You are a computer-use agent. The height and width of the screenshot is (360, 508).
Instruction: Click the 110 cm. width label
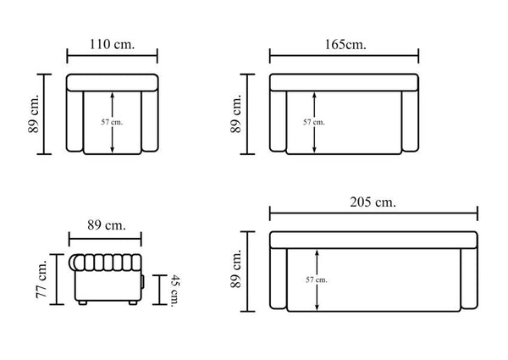coord(112,44)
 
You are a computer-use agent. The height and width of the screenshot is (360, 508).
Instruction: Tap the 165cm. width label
coord(345,44)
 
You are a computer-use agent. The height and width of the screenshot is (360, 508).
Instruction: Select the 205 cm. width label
coord(373,202)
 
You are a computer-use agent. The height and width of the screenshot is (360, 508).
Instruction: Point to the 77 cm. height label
coord(41,279)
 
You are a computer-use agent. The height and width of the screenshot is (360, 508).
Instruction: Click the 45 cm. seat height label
coord(175,290)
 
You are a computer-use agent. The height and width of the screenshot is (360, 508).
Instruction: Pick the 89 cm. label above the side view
coord(107,224)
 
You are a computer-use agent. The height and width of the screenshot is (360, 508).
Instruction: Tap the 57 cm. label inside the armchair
coord(112,122)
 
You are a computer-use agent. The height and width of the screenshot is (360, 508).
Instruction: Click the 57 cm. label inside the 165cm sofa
coord(314,122)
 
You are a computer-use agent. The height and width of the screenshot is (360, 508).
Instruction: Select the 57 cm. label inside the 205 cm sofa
coord(317,280)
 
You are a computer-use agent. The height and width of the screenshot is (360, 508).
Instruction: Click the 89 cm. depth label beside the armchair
coord(34,114)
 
